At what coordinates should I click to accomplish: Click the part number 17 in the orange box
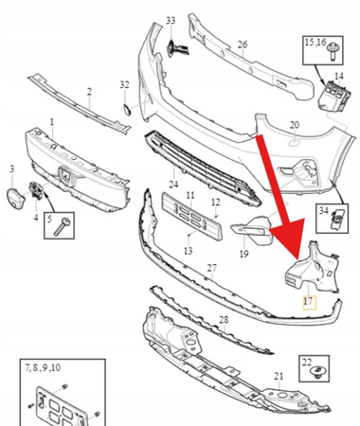308,301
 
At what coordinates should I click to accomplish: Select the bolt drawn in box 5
63,226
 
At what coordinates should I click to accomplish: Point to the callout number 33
171,21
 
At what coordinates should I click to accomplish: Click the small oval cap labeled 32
127,109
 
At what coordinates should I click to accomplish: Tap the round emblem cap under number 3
15,199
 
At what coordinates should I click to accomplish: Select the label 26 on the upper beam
243,44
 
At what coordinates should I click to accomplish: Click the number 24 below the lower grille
173,184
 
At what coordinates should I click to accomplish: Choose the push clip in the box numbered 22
316,372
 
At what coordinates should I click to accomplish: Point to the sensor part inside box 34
336,219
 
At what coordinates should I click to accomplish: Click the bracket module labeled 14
334,96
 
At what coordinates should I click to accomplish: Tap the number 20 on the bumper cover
294,125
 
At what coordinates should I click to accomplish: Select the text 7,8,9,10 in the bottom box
43,367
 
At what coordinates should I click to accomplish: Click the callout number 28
224,320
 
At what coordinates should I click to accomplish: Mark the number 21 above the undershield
279,376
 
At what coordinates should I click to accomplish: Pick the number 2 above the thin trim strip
89,92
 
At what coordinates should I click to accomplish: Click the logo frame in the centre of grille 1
65,175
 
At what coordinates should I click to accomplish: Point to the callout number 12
216,202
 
